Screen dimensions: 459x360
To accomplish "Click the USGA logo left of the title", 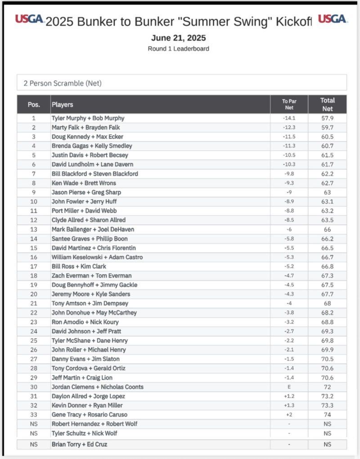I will [x=29, y=19].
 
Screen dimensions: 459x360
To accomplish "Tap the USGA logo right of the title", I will [x=332, y=19].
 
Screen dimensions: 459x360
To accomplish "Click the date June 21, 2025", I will [x=178, y=38].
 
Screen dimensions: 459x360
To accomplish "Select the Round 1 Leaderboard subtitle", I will [x=178, y=49].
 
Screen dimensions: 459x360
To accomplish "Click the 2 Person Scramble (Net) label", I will [x=63, y=83].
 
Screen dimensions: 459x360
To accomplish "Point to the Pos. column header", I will [x=34, y=105].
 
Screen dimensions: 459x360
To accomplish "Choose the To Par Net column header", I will [x=289, y=105].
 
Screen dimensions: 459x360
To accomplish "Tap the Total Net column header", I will [x=327, y=105].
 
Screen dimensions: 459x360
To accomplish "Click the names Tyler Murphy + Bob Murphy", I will [x=88, y=118].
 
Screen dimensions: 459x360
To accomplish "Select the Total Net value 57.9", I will [x=327, y=118].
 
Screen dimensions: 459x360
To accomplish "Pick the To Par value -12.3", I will [x=289, y=127].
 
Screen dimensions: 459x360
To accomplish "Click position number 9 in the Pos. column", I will [x=33, y=192].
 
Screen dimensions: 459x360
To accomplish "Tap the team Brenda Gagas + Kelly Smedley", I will [x=91, y=146].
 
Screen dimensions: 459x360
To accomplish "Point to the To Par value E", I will [x=289, y=387].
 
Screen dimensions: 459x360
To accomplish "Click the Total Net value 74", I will [x=327, y=415].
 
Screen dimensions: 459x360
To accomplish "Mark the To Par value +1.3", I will [x=289, y=405].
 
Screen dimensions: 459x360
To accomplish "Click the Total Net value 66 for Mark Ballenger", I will [x=327, y=229].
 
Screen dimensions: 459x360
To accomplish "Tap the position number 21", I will [x=33, y=304].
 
